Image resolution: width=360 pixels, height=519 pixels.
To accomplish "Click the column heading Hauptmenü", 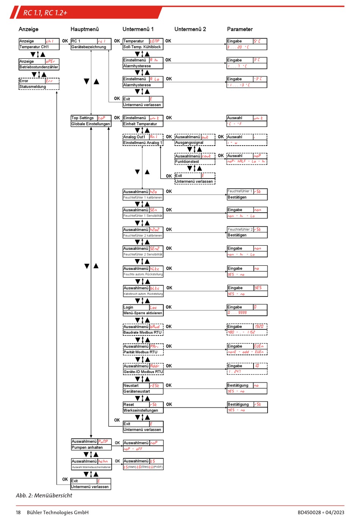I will point(85,29).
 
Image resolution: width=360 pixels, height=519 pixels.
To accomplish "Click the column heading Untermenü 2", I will point(190,29).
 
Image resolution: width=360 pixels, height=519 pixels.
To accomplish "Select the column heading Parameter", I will point(239,29).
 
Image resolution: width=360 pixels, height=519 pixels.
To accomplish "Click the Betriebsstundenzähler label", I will point(39,67).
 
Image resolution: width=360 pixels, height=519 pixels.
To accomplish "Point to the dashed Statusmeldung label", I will point(33,87).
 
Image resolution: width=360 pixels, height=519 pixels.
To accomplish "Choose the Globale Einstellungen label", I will point(91,124).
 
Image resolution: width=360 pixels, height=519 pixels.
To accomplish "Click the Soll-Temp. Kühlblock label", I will point(142,47).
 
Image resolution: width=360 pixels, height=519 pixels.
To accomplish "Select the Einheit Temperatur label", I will point(140,124).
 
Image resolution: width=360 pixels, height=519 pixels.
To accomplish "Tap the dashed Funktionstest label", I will point(187,162).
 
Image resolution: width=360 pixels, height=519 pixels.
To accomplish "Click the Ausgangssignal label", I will point(189,143).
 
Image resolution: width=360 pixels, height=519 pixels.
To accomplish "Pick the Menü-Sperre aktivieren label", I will point(142,313).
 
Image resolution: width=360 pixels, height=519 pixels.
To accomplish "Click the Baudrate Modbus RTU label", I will point(142,332).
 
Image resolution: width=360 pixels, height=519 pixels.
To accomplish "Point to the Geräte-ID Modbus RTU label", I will point(143,372).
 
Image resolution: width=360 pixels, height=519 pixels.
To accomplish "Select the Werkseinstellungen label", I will point(141,411).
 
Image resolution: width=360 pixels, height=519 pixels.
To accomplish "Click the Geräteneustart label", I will point(137,392).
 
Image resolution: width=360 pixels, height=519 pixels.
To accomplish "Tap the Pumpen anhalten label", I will point(87,448).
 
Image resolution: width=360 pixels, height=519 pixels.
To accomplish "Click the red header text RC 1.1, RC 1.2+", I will point(45,13).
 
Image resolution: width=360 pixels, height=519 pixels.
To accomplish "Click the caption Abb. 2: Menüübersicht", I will point(44,495).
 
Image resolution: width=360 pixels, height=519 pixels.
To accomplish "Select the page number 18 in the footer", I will point(18,513).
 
